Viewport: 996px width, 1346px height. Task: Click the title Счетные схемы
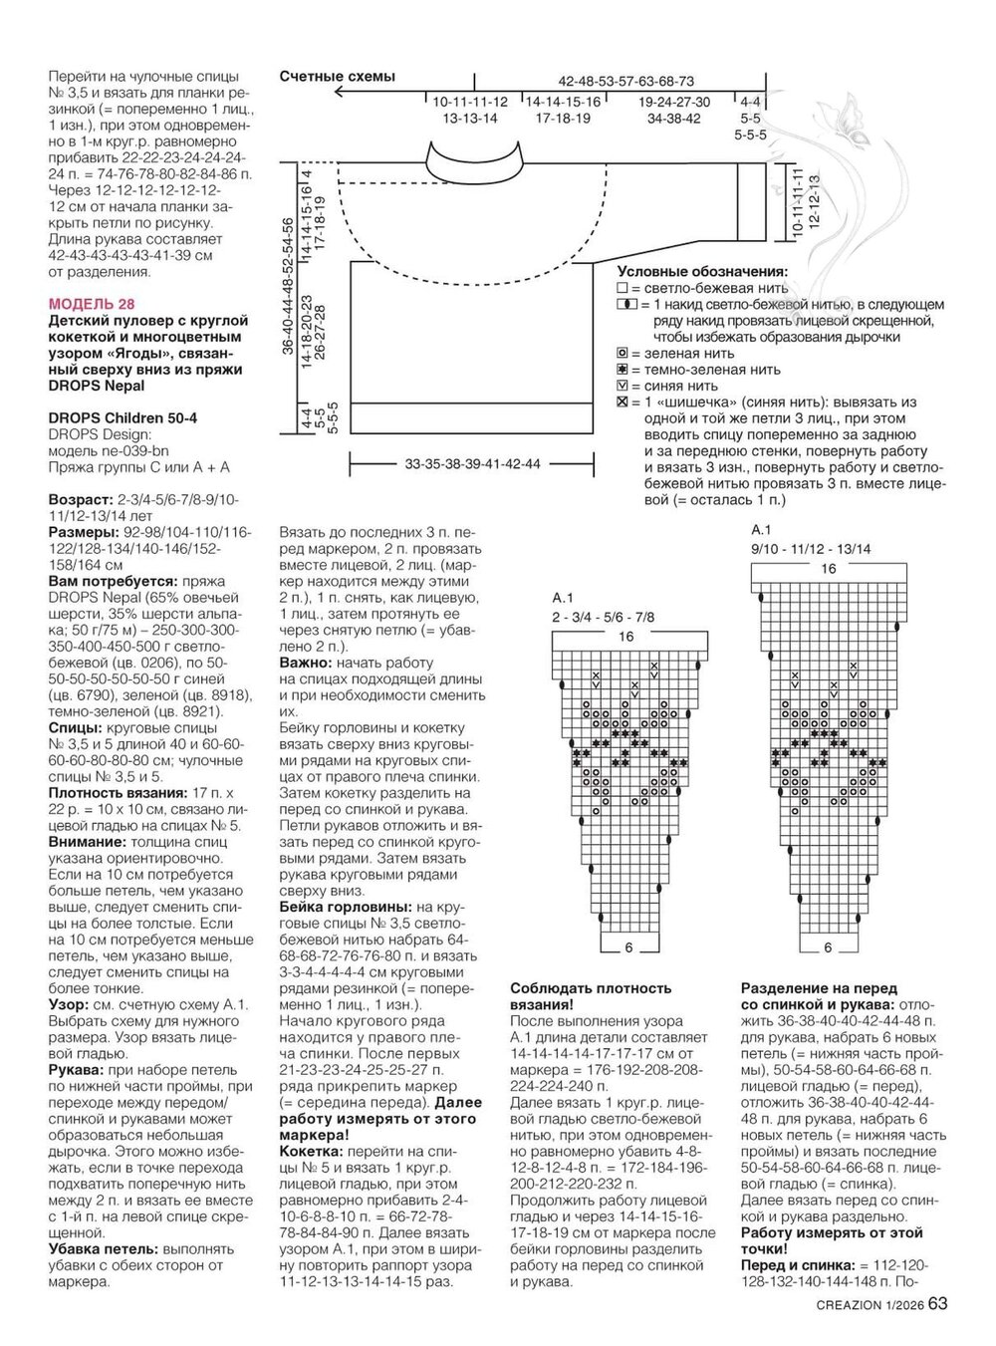[x=337, y=77]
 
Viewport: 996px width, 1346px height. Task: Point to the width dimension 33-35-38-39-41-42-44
[x=473, y=464]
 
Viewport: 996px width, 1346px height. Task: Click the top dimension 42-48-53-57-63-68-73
[x=625, y=81]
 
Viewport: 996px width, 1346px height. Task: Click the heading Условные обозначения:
[x=702, y=271]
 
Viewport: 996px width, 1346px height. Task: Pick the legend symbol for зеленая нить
[x=622, y=353]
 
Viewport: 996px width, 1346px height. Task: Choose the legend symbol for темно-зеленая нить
[x=622, y=369]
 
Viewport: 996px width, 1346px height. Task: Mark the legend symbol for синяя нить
[x=622, y=385]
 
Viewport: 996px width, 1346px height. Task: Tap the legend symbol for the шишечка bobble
[x=622, y=402]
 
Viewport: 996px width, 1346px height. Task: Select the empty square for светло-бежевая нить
[x=622, y=287]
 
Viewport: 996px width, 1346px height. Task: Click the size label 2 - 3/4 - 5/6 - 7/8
[x=603, y=618]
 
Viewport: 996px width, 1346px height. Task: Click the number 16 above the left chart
[x=625, y=637]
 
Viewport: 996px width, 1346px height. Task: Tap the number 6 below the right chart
[x=828, y=947]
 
